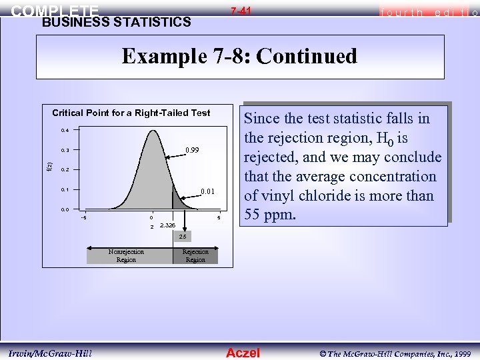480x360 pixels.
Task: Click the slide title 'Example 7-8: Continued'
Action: [x=239, y=56]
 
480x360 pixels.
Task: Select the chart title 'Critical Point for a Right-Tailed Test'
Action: [x=131, y=113]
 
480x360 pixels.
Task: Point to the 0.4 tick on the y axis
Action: [x=65, y=130]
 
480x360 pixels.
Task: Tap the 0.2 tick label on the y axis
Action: [x=65, y=170]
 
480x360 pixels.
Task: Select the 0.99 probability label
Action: [x=193, y=150]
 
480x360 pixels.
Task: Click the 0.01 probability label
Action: [x=208, y=193]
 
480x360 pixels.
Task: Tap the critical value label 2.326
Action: [x=167, y=226]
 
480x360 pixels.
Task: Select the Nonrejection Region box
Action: [x=126, y=255]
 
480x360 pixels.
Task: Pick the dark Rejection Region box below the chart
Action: [x=195, y=255]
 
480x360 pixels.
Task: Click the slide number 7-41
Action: [x=241, y=11]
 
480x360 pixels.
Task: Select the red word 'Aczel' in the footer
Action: [x=243, y=352]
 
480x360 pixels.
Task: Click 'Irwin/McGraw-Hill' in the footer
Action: [x=51, y=352]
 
